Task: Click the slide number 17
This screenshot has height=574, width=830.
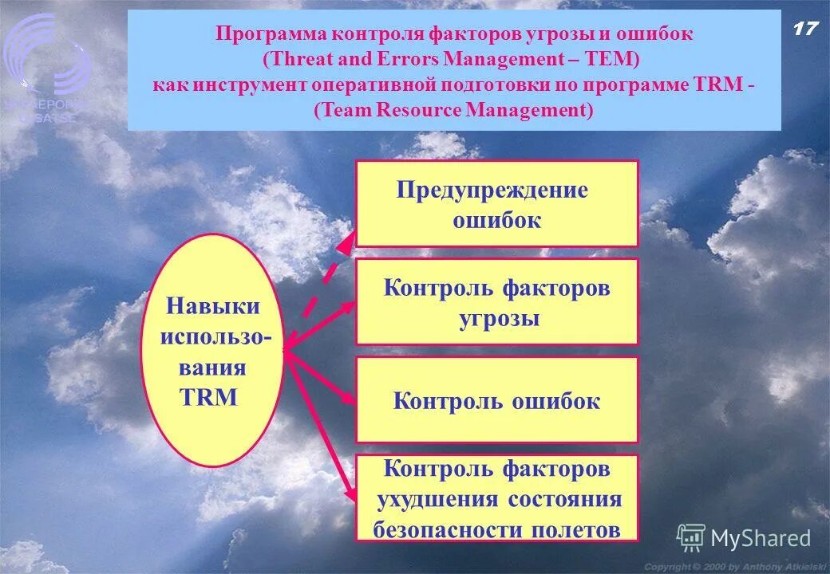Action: (x=805, y=29)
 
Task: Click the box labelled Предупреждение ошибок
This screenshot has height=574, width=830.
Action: (x=496, y=203)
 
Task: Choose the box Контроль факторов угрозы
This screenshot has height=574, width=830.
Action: (x=496, y=301)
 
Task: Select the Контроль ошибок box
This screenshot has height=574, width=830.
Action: (x=496, y=400)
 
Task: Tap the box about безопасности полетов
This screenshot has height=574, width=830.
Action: (x=496, y=498)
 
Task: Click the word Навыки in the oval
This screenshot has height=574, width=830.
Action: (x=213, y=305)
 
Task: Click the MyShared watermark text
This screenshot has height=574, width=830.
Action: (x=760, y=539)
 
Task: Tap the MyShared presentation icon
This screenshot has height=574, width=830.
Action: (x=690, y=539)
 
